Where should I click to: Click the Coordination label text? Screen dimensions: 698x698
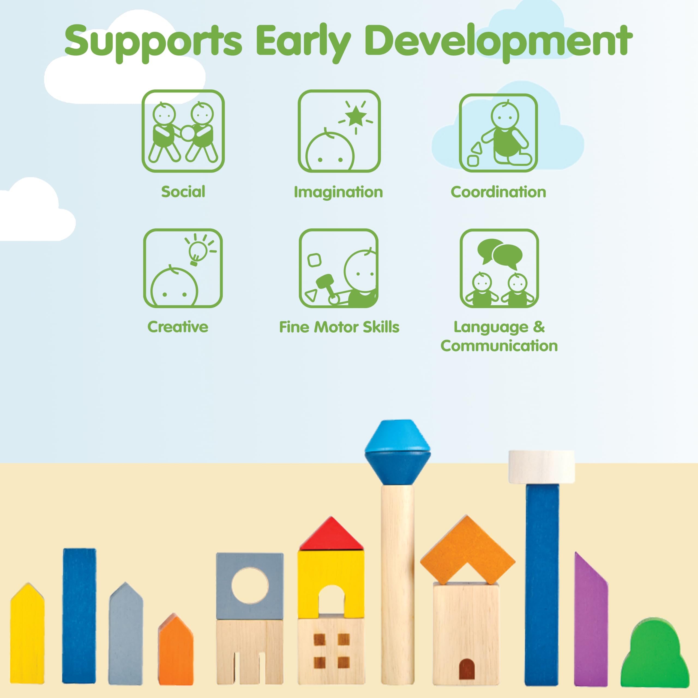498,192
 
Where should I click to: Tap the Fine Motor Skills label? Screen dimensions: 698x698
339,327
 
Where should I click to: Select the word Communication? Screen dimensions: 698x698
499,346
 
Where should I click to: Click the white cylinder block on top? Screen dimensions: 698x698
541,467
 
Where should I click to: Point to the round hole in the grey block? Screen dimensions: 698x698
250,585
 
